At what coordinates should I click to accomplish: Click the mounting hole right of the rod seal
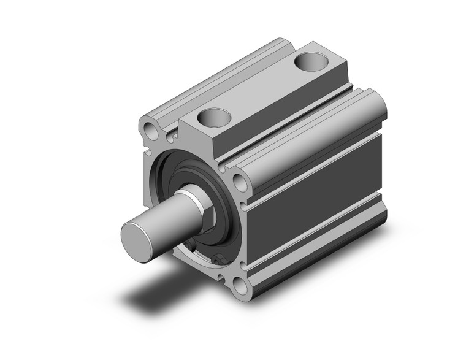click(x=240, y=182)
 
